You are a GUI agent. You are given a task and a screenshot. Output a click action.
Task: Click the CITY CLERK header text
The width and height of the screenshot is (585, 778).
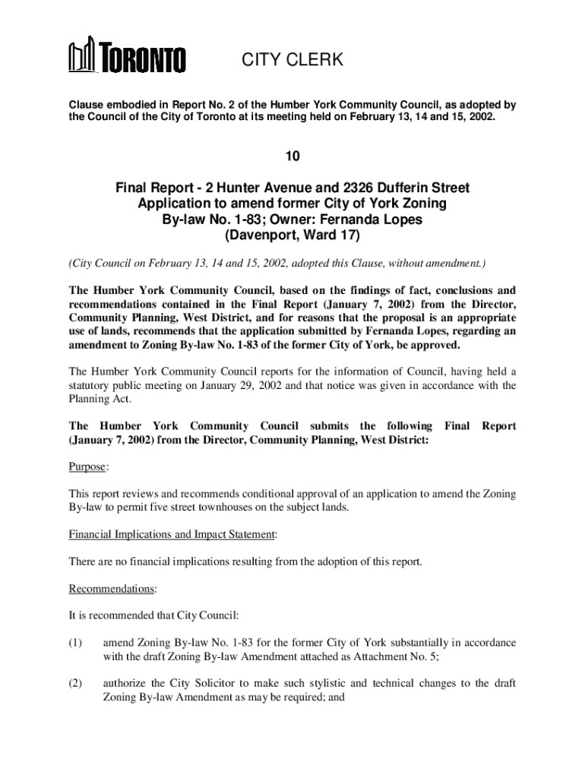tap(292, 60)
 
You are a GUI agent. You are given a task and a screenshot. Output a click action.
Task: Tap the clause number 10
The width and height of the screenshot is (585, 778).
tap(292, 157)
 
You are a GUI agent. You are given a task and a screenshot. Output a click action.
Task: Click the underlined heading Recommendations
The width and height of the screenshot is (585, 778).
tap(112, 589)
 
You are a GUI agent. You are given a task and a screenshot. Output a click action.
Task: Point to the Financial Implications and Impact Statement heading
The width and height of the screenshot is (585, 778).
tap(172, 535)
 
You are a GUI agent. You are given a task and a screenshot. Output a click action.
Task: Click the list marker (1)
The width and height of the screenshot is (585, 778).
tap(75, 643)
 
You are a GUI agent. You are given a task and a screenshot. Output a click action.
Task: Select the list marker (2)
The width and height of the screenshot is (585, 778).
tap(75, 683)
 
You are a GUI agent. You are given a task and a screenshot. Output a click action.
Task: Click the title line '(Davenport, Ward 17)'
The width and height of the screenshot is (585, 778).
tap(292, 236)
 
